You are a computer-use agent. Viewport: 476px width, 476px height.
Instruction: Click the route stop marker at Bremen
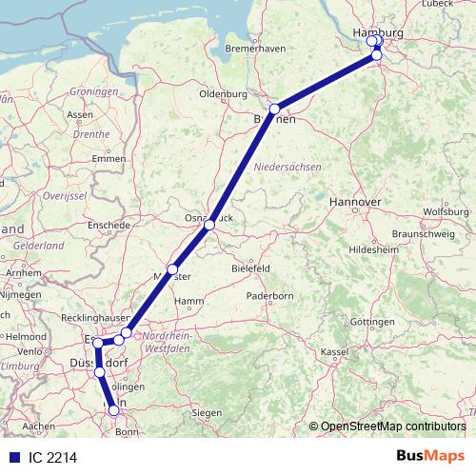pyautogui.click(x=274, y=109)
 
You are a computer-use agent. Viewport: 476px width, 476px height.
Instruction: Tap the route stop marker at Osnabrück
pyautogui.click(x=209, y=225)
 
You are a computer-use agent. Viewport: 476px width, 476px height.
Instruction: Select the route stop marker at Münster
pyautogui.click(x=172, y=269)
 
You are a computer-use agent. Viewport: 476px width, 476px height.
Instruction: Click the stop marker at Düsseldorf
pyautogui.click(x=100, y=372)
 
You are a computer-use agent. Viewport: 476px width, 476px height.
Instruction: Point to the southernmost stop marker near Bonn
pyautogui.click(x=114, y=410)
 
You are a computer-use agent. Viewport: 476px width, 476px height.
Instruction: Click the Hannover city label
pyautogui.click(x=354, y=203)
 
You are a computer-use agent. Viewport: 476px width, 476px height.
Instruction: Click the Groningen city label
pyautogui.click(x=93, y=91)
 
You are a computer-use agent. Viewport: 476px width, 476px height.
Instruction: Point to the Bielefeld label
pyautogui.click(x=253, y=269)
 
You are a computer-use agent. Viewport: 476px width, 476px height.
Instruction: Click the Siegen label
pyautogui.click(x=206, y=412)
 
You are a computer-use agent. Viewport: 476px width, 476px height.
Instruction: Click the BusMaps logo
pyautogui.click(x=430, y=456)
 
